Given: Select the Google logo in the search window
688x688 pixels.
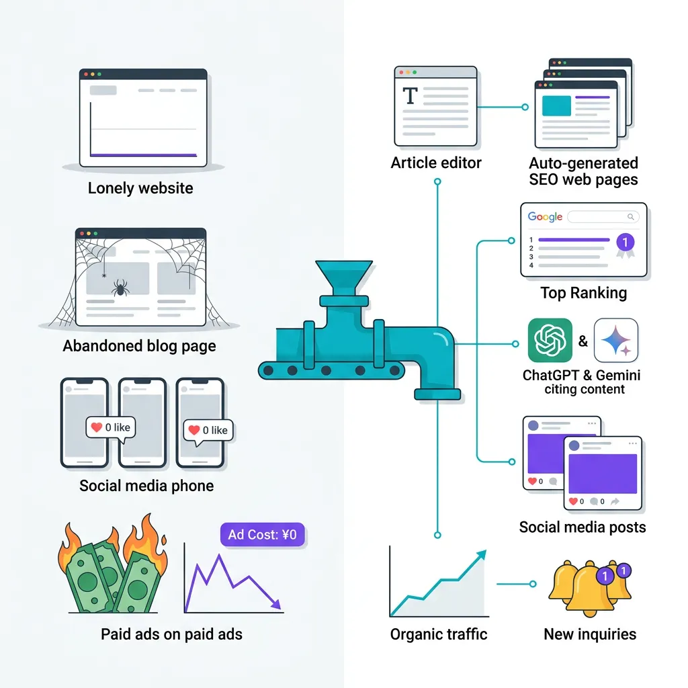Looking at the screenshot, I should (x=545, y=217).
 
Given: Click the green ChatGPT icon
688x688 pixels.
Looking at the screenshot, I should (x=550, y=341).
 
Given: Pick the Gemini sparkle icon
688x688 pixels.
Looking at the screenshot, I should (x=616, y=341).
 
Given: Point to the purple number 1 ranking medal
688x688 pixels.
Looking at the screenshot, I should (x=625, y=243).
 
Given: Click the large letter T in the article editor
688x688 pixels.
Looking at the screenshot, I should (x=409, y=96).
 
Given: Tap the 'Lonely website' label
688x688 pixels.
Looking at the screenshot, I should (x=140, y=188).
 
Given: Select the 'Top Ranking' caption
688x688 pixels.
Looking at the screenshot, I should (x=583, y=293).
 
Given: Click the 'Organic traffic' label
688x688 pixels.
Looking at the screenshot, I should (x=439, y=634).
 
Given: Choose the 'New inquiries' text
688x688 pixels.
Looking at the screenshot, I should (x=589, y=634).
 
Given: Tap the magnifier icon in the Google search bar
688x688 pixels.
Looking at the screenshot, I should (x=630, y=217).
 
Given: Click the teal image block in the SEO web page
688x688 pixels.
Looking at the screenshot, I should (x=556, y=106).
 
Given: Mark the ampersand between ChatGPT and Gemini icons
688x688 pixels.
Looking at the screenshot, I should (x=583, y=341).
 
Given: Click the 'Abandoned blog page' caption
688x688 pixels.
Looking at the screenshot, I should (x=139, y=347).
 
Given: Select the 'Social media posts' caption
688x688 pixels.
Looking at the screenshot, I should (x=583, y=527).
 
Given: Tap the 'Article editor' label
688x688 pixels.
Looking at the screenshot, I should (x=436, y=163).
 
